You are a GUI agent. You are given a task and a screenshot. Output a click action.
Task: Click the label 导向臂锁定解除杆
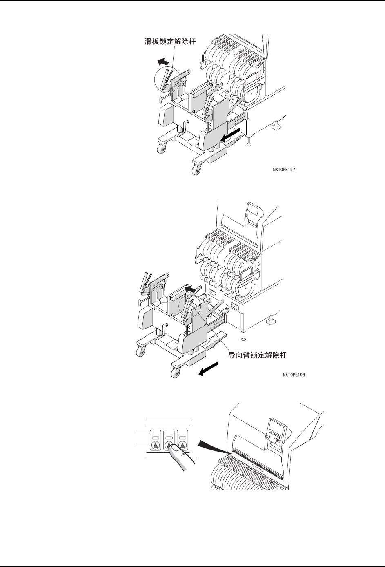tap(257, 355)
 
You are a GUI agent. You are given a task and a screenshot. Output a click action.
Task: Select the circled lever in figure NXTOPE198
tap(189, 309)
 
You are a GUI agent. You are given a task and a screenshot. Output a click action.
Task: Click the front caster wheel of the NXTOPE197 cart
tap(196, 168)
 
